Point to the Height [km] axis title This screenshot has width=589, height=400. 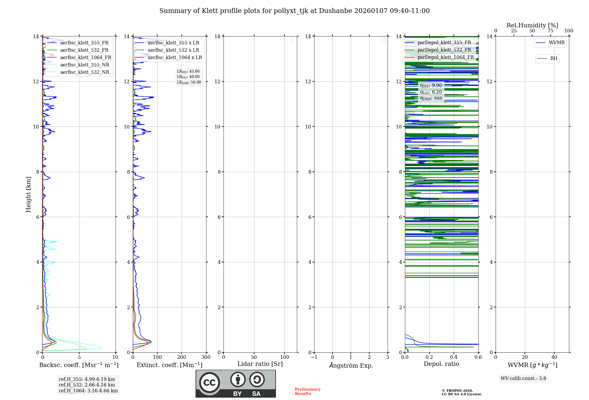(28, 194)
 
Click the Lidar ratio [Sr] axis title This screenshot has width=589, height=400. (260, 364)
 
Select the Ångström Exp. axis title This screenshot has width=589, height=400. (351, 366)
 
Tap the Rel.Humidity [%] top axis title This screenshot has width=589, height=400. (532, 25)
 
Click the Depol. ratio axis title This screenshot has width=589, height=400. (441, 364)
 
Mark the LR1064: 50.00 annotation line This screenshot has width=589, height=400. (189, 82)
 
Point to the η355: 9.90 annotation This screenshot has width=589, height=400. (431, 86)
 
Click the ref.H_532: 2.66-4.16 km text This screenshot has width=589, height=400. (87, 385)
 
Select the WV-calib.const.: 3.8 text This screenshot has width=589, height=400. (523, 379)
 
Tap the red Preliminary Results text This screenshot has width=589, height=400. (307, 391)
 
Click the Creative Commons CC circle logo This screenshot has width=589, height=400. (209, 383)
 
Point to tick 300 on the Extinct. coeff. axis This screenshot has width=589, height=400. (206, 357)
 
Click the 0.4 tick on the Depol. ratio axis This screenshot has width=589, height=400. (454, 357)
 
